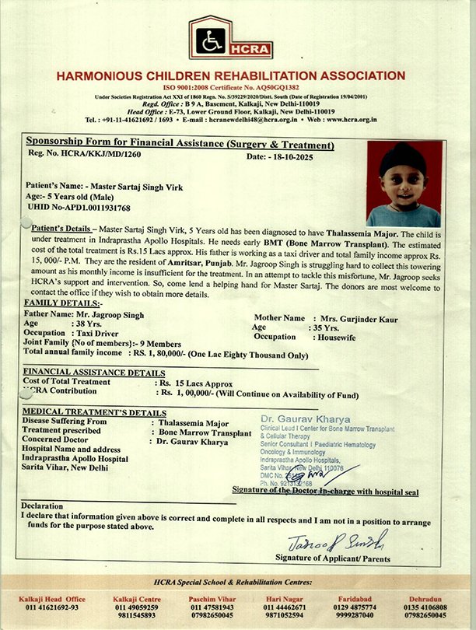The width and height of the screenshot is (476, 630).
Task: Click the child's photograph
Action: coord(404,184)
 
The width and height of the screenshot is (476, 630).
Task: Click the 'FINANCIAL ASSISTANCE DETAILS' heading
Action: coord(93,373)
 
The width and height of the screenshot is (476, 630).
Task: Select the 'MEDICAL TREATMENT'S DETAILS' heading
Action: coord(94,411)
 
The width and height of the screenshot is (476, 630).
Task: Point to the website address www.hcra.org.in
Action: coord(351,120)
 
